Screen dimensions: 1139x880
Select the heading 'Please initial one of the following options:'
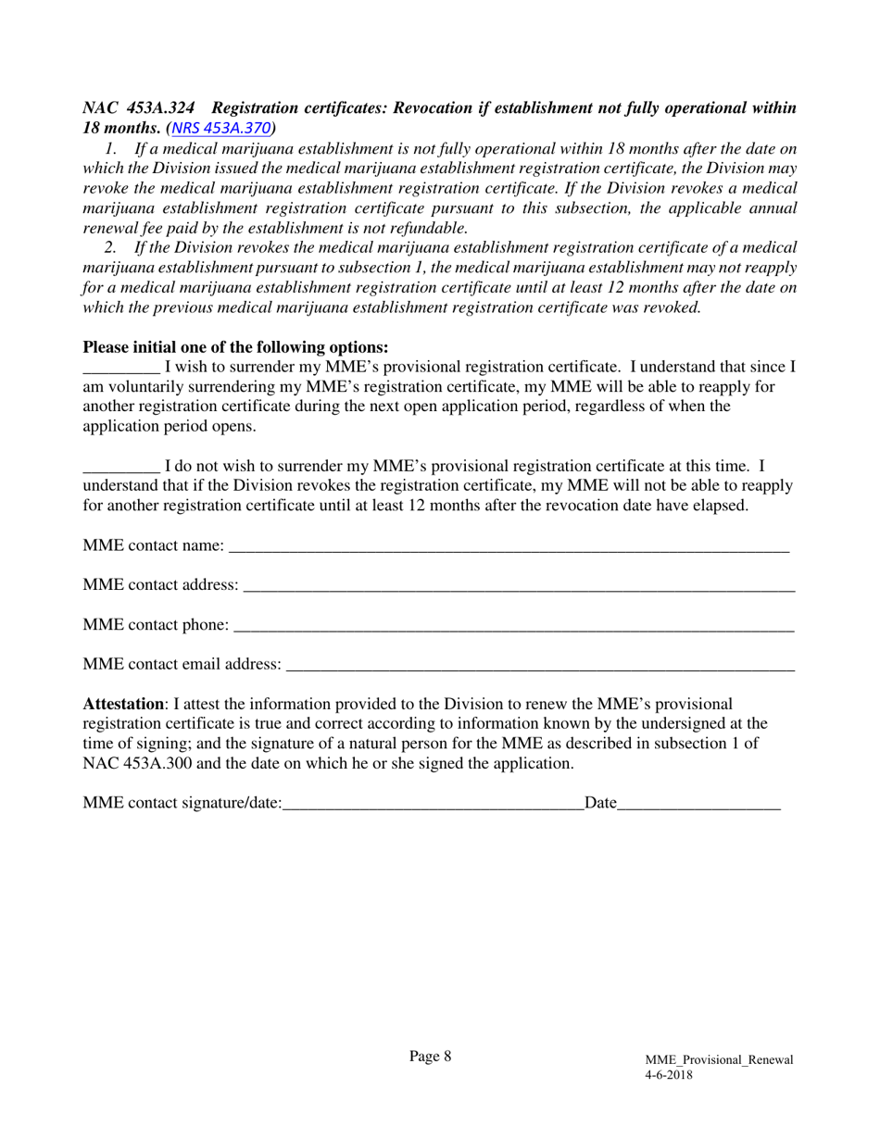point(235,347)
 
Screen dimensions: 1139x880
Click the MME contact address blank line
point(518,587)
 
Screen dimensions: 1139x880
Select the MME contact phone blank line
point(513,627)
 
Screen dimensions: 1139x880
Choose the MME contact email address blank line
point(540,666)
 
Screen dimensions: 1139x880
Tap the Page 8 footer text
point(431,1057)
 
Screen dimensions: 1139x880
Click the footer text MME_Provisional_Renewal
point(719,1060)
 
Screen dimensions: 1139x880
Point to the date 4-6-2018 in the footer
point(669,1075)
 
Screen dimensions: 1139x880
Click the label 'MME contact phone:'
point(156,625)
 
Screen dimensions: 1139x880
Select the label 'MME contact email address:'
point(182,664)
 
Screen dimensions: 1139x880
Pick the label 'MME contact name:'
point(153,545)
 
